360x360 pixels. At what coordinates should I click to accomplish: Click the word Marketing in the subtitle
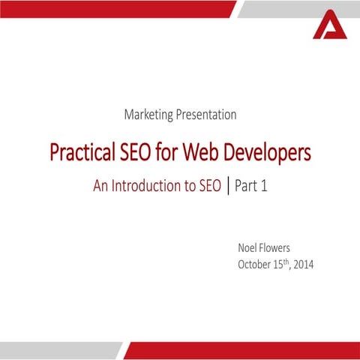(148, 115)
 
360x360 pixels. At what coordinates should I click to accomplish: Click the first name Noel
(249, 247)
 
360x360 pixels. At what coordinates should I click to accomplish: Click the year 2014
(304, 264)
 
